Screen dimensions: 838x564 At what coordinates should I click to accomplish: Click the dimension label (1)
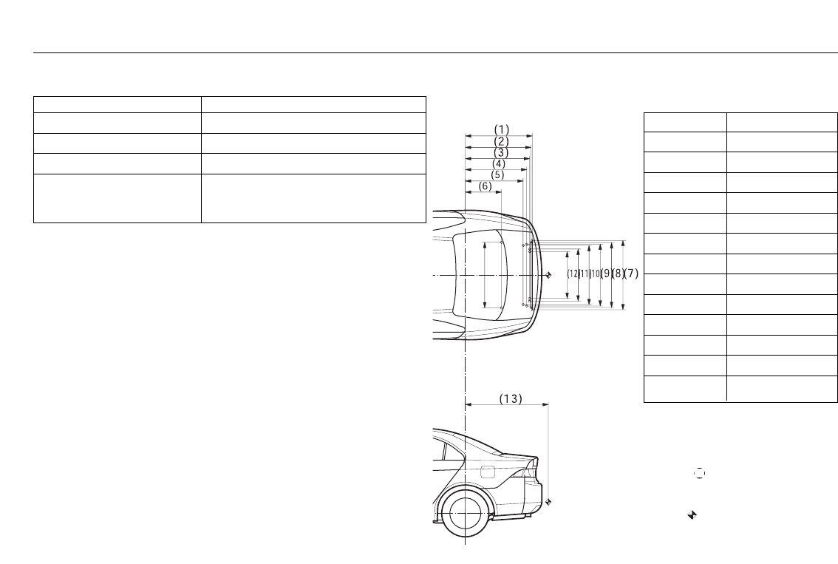(x=501, y=130)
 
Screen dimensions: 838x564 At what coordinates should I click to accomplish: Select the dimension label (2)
(x=501, y=142)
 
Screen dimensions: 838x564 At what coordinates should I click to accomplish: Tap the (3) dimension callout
(x=501, y=153)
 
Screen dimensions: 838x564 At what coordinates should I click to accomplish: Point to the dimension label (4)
(x=499, y=164)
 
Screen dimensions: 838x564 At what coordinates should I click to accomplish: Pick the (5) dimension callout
(x=497, y=174)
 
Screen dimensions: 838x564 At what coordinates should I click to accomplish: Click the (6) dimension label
(x=485, y=186)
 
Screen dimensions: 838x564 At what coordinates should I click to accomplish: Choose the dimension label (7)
(x=631, y=273)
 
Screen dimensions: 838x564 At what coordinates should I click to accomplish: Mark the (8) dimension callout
(x=619, y=273)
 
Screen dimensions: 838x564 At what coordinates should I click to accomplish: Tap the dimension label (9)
(x=607, y=273)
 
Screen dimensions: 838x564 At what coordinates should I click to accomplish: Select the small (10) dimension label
(x=595, y=273)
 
